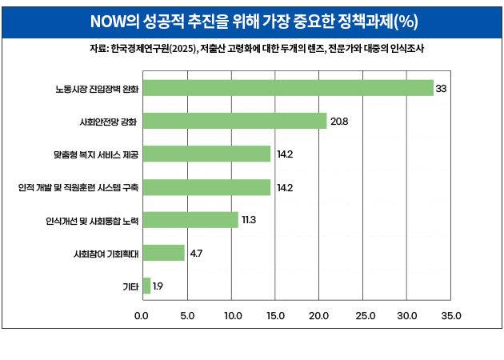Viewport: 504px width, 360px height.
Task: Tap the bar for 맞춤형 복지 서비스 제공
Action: [x=207, y=154]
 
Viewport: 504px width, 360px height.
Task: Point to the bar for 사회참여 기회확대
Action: [x=164, y=253]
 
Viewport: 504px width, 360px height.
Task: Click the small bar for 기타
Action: [x=147, y=286]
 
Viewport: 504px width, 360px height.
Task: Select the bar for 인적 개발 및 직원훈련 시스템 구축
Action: [x=207, y=187]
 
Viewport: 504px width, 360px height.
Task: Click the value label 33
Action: [x=441, y=88]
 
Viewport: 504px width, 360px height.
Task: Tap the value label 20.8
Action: [x=339, y=121]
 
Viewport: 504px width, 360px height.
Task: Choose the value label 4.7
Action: [x=196, y=253]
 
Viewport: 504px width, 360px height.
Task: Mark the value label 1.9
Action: [x=158, y=286]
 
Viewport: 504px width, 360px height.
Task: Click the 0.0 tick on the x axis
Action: [x=142, y=315]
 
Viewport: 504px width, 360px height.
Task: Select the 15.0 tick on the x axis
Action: [x=274, y=315]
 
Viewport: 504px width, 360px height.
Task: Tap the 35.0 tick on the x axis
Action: [x=451, y=315]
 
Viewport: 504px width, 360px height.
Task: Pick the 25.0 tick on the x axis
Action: [x=363, y=315]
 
